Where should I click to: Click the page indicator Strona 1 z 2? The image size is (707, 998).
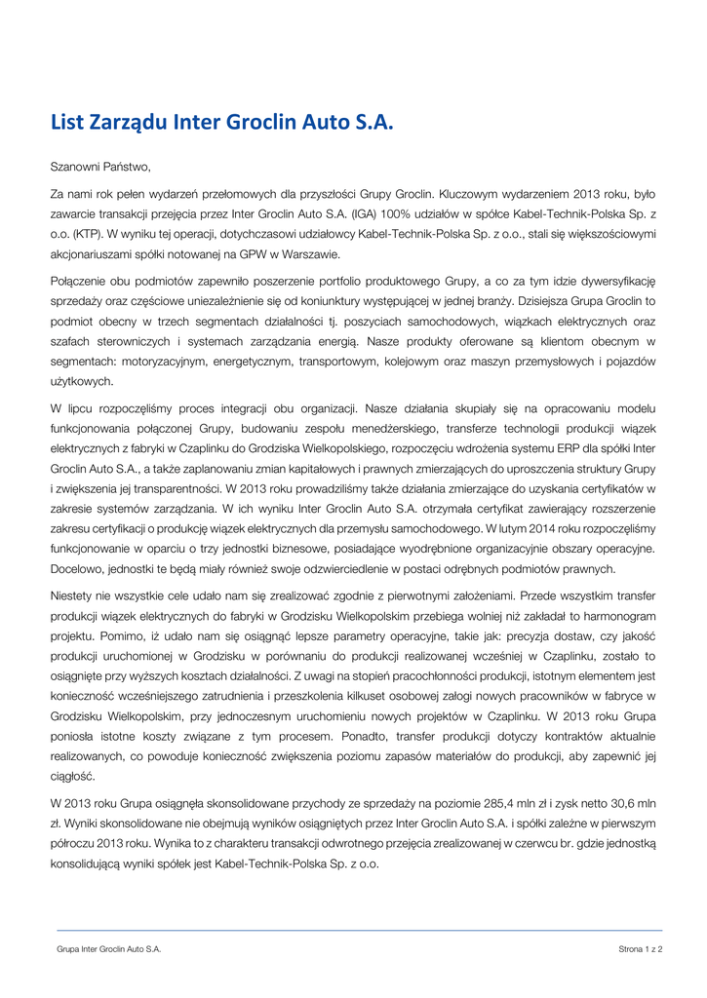[x=640, y=948]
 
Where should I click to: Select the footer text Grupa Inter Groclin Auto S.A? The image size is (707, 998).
[x=108, y=948]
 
